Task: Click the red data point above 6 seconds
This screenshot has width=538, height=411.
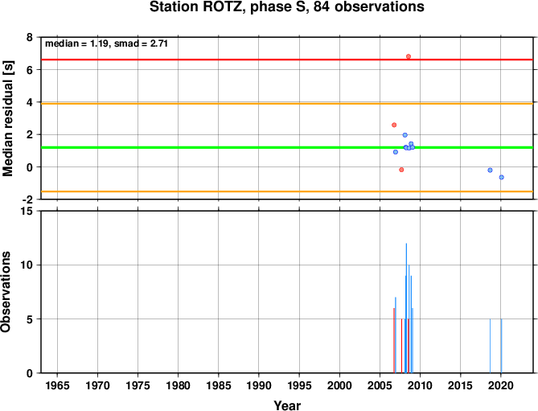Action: tap(409, 56)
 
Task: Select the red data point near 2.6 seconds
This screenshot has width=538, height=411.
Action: tap(394, 125)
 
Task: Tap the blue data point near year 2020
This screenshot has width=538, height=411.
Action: tap(501, 177)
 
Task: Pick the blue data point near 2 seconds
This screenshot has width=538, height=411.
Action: tap(405, 135)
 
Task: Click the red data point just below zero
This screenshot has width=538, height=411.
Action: tap(401, 170)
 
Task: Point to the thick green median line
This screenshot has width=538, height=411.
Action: tap(287, 147)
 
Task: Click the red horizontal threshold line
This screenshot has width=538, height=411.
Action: tap(287, 60)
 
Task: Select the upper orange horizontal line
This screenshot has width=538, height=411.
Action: tap(287, 104)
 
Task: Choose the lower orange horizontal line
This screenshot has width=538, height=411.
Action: tap(287, 191)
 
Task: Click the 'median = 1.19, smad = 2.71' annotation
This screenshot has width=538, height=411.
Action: tap(106, 43)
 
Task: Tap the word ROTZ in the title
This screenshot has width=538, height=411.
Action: tap(224, 7)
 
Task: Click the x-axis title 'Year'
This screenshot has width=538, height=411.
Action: tap(287, 405)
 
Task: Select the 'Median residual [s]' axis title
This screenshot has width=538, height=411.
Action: tap(7, 119)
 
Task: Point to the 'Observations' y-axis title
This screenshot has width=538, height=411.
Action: tap(6, 292)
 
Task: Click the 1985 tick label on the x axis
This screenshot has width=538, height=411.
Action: tap(219, 385)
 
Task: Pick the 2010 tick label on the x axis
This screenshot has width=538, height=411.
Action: tap(420, 385)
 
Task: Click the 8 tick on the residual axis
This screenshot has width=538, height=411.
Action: tap(30, 37)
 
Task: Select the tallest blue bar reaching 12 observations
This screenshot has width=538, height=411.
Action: tap(406, 308)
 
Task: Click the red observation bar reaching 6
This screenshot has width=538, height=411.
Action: tap(394, 340)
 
